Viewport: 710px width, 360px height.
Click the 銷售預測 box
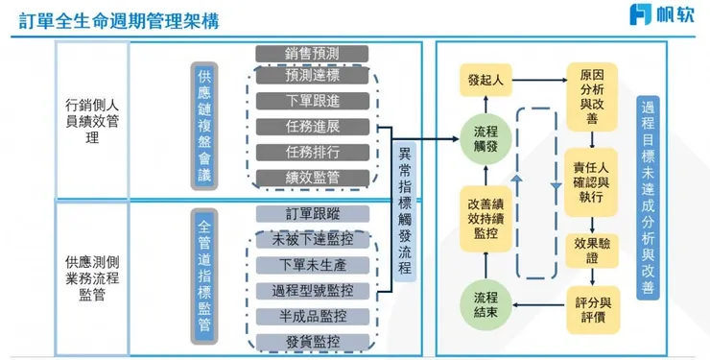click(x=312, y=52)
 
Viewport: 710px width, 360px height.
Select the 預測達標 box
click(x=312, y=75)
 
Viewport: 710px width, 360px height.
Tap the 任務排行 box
click(x=312, y=152)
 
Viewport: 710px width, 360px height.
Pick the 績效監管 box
click(x=312, y=177)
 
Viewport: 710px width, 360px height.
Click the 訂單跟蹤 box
click(x=312, y=213)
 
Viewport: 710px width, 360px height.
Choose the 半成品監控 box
click(x=312, y=316)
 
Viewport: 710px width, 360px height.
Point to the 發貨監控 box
click(x=312, y=341)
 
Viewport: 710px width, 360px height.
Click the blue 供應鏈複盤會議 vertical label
click(x=203, y=125)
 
